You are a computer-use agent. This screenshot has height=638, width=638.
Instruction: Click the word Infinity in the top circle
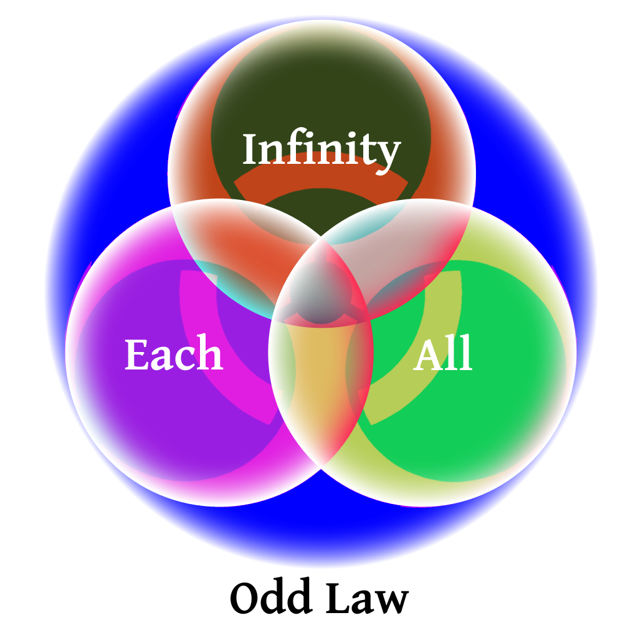click(321, 150)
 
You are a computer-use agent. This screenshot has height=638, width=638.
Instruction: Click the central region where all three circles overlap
click(321, 290)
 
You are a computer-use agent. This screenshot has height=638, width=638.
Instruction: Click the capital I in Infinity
click(250, 150)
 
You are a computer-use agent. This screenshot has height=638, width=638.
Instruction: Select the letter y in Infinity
click(388, 155)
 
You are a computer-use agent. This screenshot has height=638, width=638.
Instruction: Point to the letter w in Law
click(393, 602)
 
